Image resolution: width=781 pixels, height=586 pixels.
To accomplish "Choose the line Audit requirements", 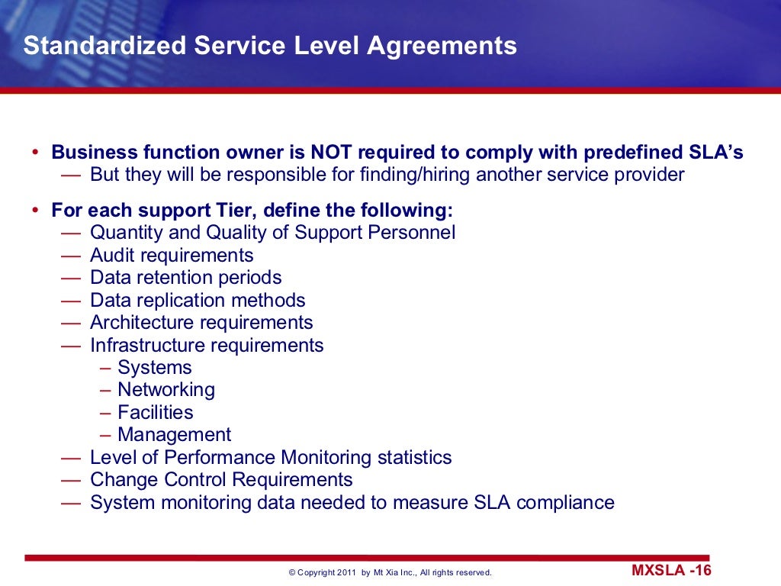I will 172,256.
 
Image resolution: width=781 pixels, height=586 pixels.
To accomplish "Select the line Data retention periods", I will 185,278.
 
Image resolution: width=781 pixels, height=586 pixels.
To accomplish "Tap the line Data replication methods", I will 198,301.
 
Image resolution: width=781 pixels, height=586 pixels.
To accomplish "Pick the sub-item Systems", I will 155,368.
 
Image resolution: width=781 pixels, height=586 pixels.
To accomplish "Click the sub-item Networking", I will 166,390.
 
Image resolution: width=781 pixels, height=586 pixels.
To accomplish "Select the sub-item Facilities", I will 156,413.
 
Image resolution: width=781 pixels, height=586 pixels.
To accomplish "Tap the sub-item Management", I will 174,435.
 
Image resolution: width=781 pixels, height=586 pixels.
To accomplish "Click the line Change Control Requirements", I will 221,480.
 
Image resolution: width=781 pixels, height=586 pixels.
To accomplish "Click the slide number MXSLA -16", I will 671,571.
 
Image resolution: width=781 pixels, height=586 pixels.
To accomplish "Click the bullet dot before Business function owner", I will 36,153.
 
